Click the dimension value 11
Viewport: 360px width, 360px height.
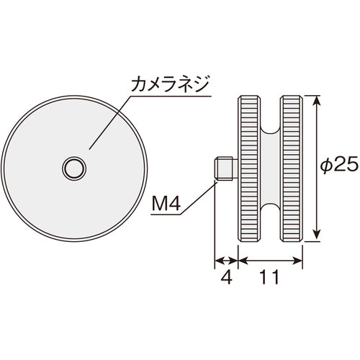pos(270,278)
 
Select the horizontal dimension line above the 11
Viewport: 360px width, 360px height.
pos(270,261)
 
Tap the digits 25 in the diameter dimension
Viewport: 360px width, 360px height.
pos(345,165)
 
